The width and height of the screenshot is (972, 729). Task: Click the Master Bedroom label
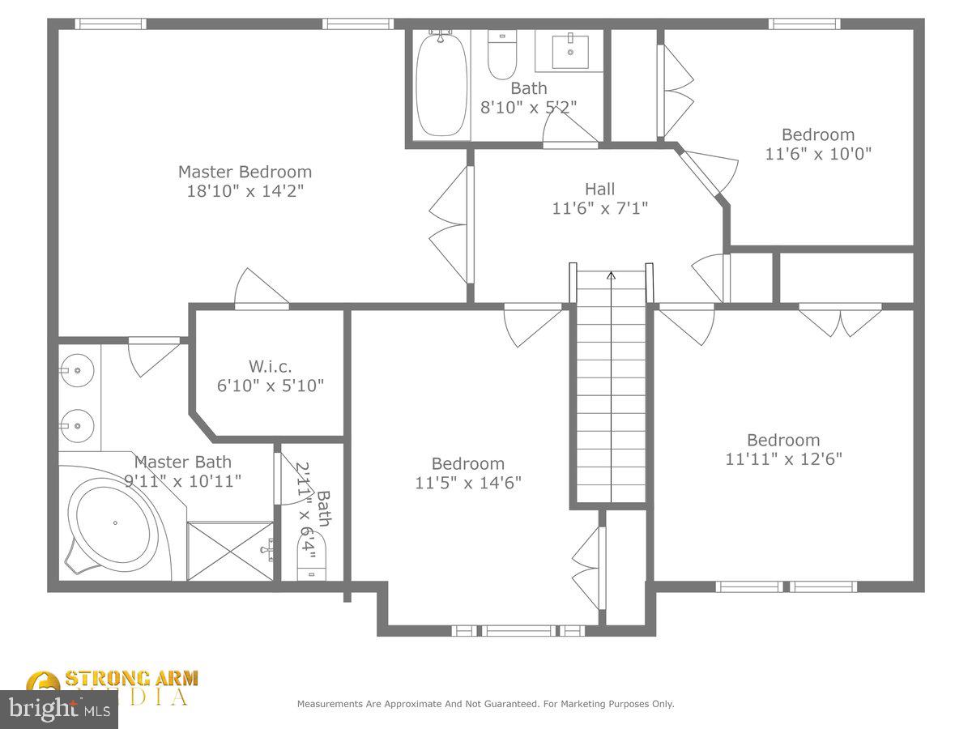(x=245, y=172)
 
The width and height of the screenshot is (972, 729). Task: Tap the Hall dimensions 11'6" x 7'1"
(x=599, y=208)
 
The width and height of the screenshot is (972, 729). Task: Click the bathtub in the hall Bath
(x=441, y=84)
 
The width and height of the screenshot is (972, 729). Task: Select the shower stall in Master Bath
(x=230, y=551)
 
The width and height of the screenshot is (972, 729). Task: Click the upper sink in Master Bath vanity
(x=78, y=370)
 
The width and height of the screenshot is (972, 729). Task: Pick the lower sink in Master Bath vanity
(x=78, y=424)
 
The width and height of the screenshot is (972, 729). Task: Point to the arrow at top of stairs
(x=611, y=276)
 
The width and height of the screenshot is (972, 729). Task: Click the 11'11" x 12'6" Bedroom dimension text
(x=783, y=458)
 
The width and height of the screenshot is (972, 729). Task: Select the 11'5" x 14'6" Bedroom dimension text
(x=467, y=483)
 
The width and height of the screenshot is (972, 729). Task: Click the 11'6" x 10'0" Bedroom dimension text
(x=818, y=152)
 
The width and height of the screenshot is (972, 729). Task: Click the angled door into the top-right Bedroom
(x=706, y=172)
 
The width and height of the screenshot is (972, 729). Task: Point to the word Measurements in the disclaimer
(x=331, y=704)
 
